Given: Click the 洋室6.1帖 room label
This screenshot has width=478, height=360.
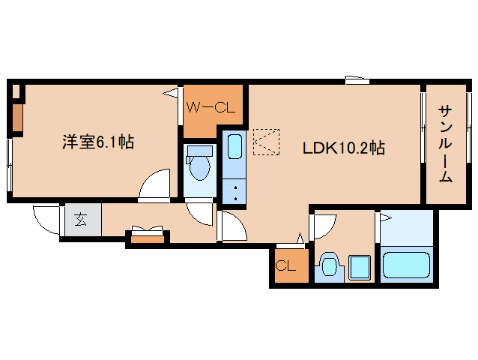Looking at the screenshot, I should tap(97, 142).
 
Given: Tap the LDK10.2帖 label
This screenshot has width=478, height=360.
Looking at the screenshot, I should tap(343, 148).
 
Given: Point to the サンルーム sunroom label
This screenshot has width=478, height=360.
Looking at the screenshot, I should tap(445, 144).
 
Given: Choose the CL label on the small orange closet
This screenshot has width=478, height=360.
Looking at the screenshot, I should tap(286, 265).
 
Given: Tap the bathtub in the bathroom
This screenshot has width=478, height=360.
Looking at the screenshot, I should tap(407, 265).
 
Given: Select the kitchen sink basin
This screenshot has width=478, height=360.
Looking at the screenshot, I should tap(235, 146).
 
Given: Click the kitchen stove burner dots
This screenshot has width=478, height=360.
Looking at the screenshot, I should tap(235, 190).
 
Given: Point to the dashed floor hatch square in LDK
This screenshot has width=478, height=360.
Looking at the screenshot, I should tap(266, 141).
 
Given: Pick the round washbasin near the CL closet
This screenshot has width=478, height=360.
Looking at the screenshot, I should tap(330, 267).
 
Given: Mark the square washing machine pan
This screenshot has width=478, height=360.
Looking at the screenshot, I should tap(360, 266).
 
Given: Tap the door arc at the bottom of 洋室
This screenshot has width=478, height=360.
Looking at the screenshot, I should tap(156, 184).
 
